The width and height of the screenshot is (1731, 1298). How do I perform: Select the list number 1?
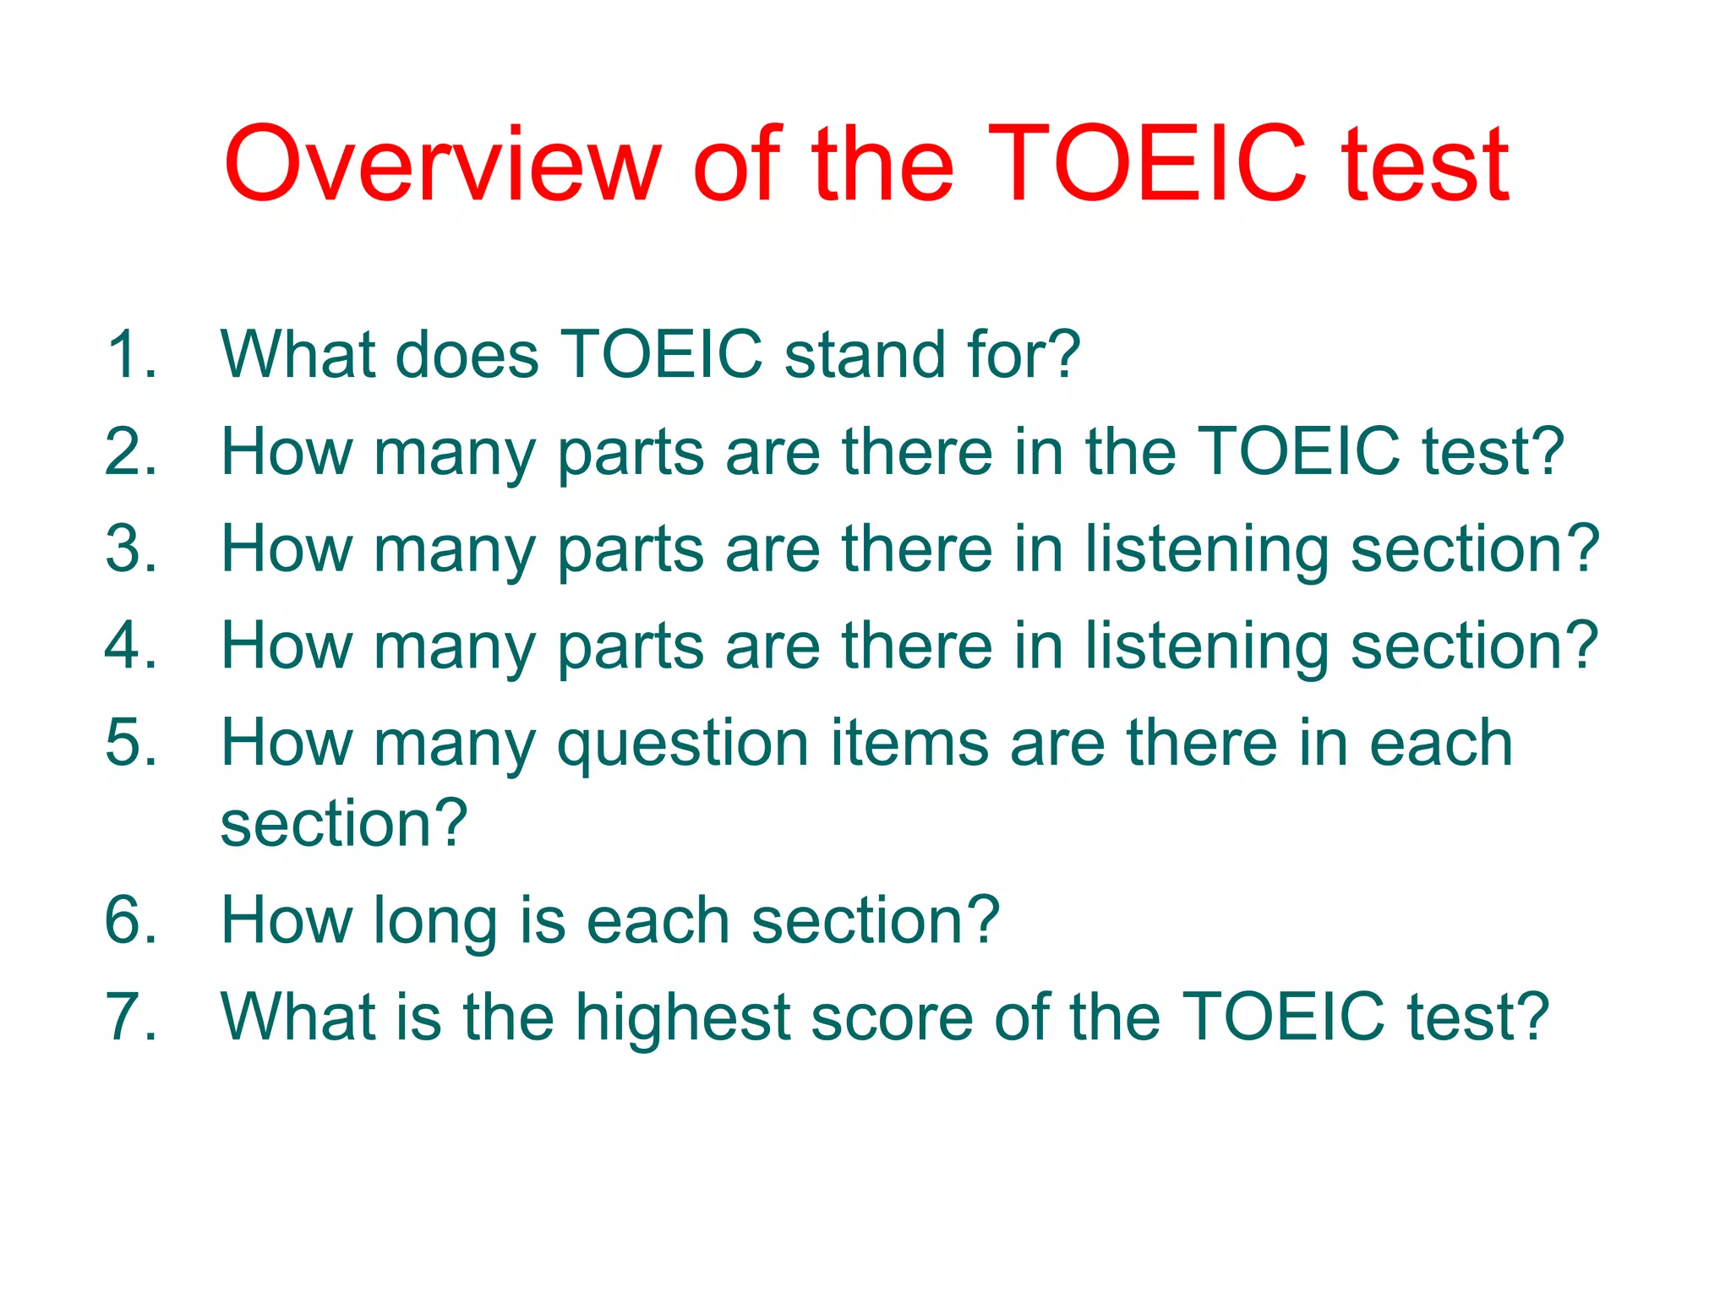click(x=131, y=354)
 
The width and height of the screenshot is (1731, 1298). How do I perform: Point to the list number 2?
click(x=131, y=452)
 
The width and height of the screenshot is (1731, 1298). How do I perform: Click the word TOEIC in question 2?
click(x=1299, y=452)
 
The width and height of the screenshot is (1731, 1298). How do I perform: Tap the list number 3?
click(x=131, y=549)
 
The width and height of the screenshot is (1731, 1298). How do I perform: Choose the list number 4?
click(x=131, y=646)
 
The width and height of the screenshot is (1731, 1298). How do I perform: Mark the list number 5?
click(x=131, y=743)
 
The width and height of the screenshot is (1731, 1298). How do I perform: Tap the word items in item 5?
click(x=909, y=743)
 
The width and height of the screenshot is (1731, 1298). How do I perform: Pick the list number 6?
click(x=131, y=920)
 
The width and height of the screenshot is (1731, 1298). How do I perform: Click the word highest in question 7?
click(x=683, y=1019)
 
